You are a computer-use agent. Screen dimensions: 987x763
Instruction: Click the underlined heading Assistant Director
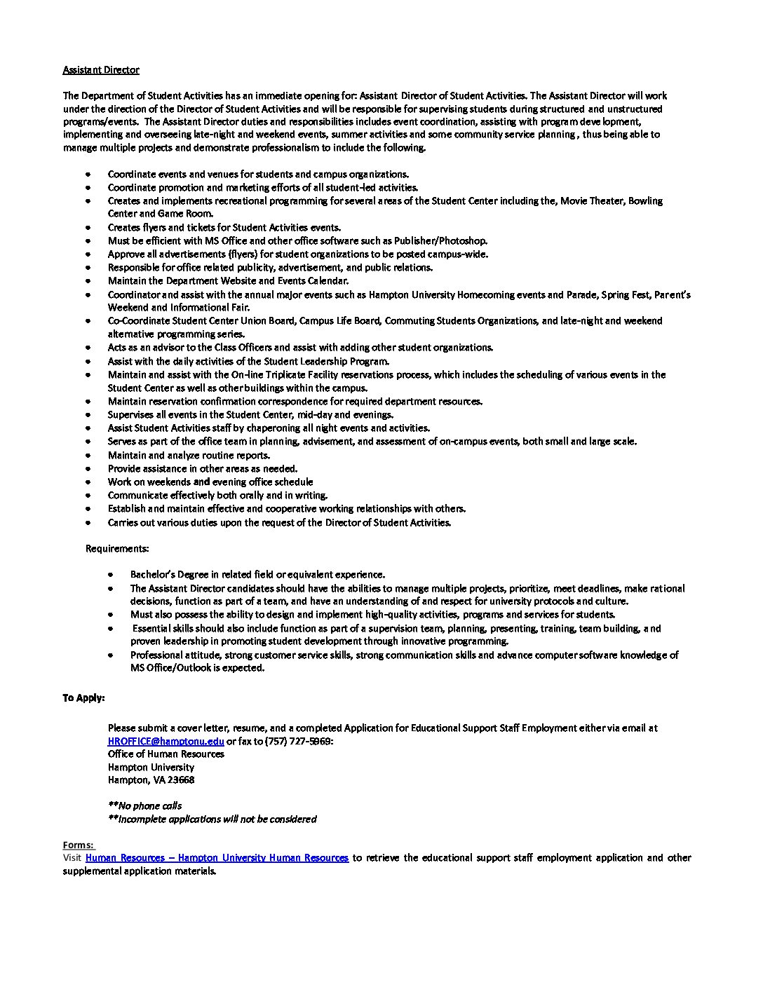(x=101, y=70)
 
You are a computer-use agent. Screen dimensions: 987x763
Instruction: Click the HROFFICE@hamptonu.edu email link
(x=166, y=741)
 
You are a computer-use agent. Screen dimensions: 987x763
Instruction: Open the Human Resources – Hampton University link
(x=217, y=857)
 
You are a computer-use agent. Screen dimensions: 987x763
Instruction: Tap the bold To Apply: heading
(x=83, y=698)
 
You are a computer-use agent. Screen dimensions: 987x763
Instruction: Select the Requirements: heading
(x=117, y=548)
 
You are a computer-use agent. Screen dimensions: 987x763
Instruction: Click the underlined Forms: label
(x=78, y=845)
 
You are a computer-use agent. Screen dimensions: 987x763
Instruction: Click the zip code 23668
(x=181, y=780)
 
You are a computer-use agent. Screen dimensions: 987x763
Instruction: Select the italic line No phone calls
(x=145, y=805)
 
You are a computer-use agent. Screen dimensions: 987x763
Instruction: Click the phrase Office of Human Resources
(x=166, y=754)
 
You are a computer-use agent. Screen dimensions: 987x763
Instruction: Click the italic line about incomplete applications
(x=212, y=819)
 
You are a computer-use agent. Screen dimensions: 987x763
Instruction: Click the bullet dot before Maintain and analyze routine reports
(x=88, y=455)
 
